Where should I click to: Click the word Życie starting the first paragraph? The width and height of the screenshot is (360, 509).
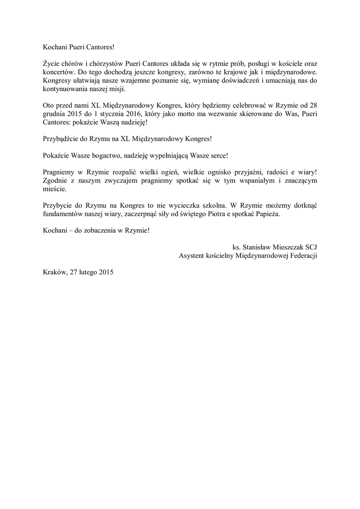52,64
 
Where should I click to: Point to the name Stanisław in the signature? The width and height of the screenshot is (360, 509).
258,247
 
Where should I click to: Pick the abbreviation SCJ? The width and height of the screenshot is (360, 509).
311,247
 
